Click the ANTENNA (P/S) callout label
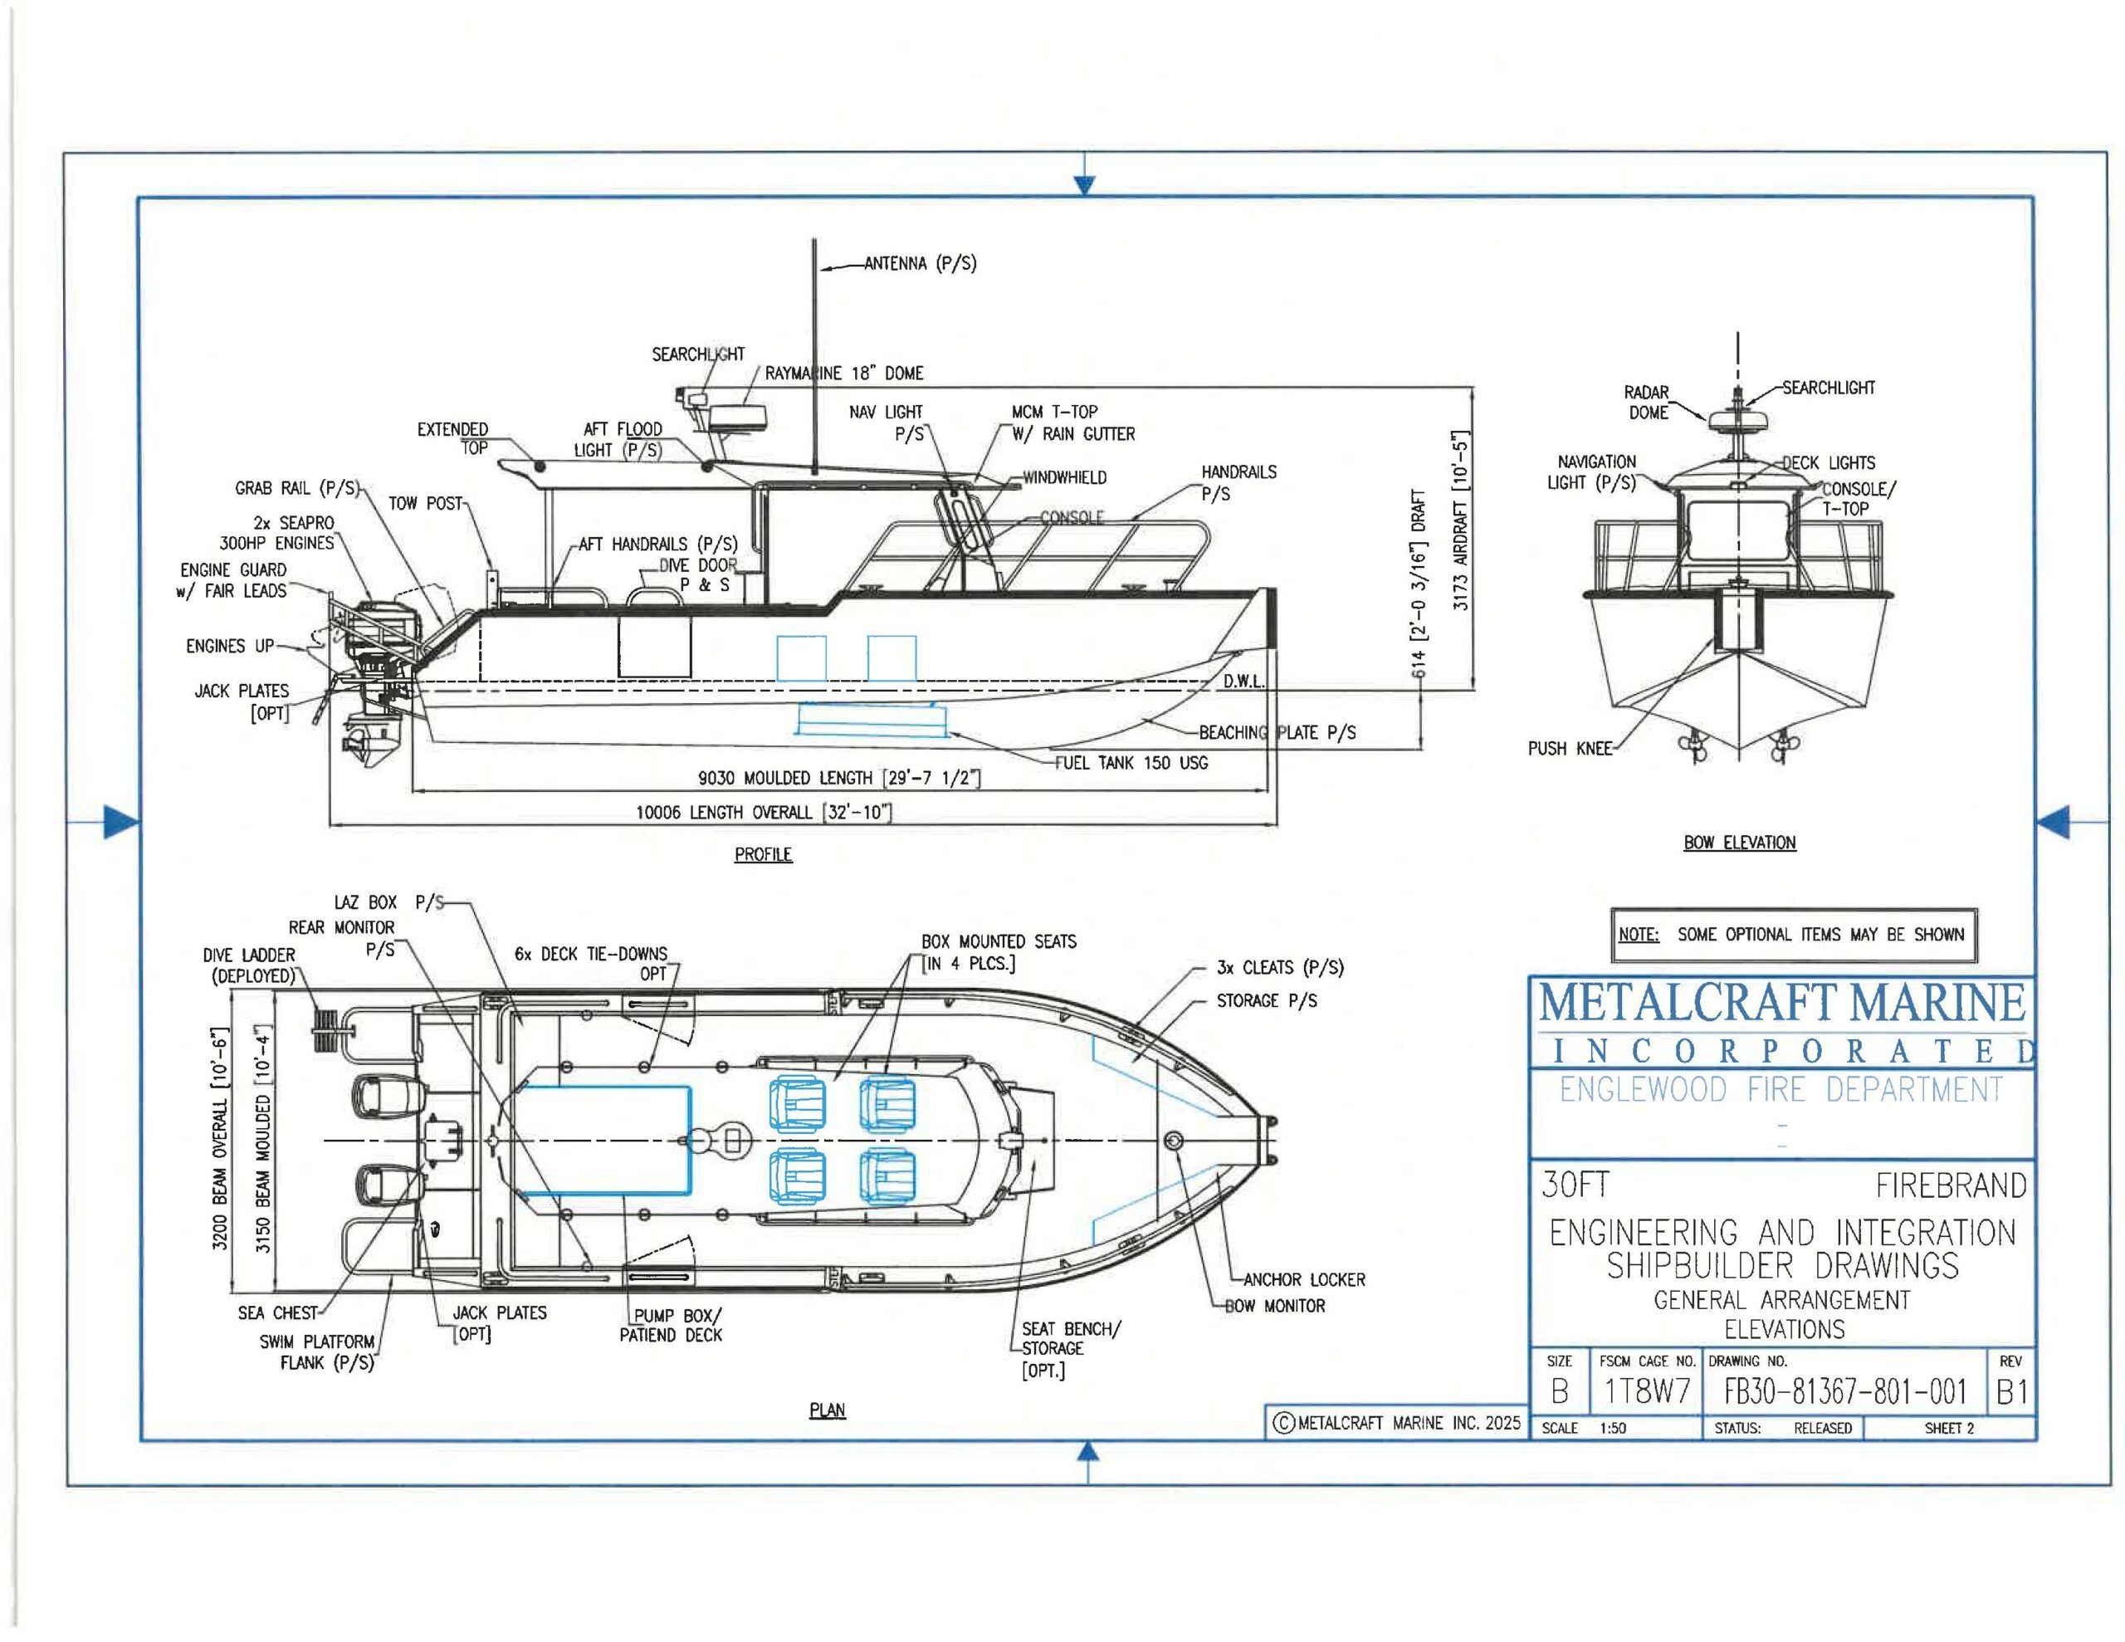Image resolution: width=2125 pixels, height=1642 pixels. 920,264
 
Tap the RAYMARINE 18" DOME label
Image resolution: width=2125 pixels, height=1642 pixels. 843,373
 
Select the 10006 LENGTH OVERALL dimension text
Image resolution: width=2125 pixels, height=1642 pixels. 764,812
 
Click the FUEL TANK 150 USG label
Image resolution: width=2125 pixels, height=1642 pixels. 1131,763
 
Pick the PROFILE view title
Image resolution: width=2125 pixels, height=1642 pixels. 763,854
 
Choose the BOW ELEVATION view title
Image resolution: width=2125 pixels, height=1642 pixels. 1740,843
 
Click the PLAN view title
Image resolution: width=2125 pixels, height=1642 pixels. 827,1410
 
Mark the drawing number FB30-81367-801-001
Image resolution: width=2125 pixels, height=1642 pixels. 1844,1392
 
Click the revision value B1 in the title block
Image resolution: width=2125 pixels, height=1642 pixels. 2010,1393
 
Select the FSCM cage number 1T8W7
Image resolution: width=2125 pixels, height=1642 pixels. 1646,1393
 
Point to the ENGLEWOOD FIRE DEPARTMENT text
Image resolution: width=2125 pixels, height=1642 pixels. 1781,1090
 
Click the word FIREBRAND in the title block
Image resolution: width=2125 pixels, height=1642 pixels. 1950,1185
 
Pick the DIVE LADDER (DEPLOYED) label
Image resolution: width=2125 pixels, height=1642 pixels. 249,965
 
